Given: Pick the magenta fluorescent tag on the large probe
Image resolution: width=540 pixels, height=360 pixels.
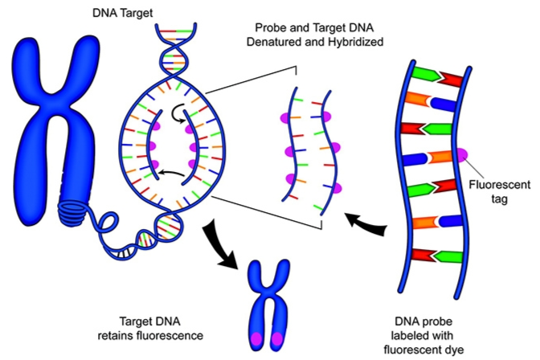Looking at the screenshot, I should click(460, 154).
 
